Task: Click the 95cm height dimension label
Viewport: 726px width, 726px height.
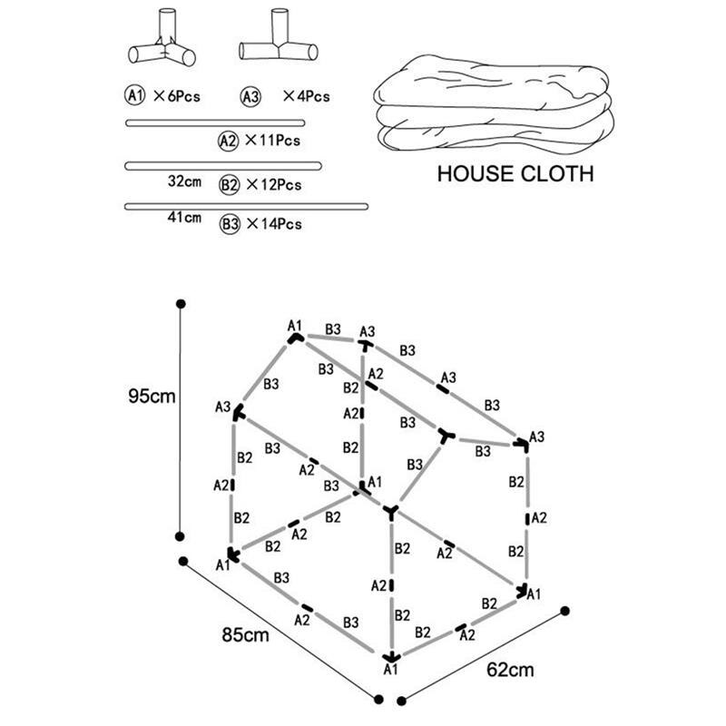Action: click(150, 397)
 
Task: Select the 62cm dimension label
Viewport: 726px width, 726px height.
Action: click(510, 671)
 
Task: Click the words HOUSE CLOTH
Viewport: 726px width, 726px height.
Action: click(515, 173)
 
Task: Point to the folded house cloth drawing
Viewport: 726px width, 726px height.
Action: click(495, 103)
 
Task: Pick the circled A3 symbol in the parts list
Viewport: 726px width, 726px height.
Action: click(250, 95)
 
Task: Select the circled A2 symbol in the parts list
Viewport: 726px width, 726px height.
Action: click(229, 141)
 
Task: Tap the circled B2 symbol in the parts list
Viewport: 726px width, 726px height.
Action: click(230, 184)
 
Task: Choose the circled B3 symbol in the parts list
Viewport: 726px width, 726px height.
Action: click(230, 224)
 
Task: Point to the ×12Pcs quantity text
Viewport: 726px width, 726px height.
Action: click(273, 184)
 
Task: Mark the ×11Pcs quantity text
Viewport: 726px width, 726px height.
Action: click(272, 141)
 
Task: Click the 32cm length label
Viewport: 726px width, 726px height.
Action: click(185, 181)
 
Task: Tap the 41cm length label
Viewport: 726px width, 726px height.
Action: click(185, 218)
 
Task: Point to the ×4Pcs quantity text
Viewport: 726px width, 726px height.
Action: click(306, 95)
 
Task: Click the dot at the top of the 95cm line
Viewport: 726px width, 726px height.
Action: click(181, 303)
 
